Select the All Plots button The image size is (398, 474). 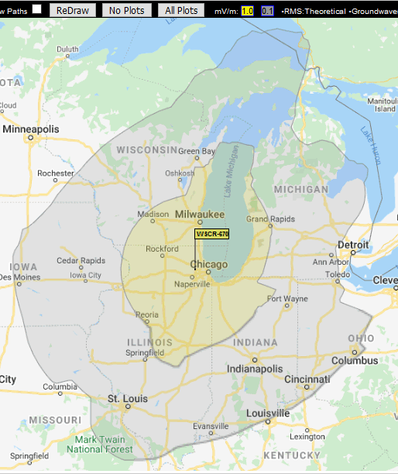(181, 11)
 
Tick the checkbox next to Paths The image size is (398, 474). (36, 9)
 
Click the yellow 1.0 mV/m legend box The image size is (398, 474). (247, 11)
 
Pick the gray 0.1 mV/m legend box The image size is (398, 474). (267, 11)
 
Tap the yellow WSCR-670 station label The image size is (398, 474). (212, 234)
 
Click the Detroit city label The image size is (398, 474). (353, 246)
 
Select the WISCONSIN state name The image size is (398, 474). (147, 149)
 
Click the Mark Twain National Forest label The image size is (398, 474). (93, 444)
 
